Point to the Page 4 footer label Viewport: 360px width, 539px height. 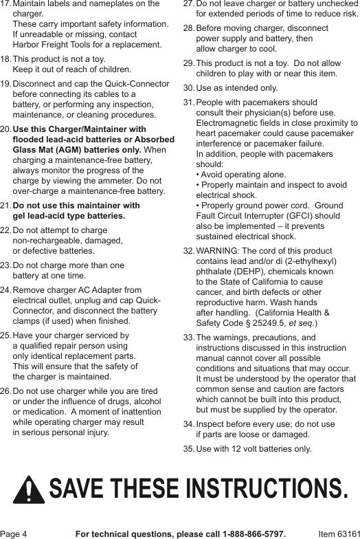tap(14, 533)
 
